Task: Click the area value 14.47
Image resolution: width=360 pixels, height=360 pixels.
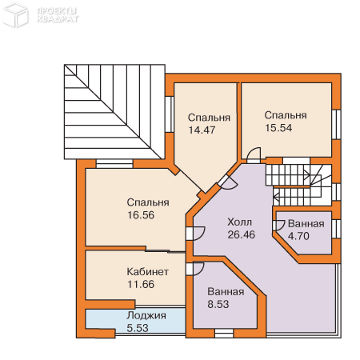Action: [x=202, y=130]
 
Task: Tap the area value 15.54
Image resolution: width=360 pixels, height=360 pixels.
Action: [x=278, y=128]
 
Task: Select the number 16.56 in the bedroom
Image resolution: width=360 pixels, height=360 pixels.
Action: [x=141, y=215]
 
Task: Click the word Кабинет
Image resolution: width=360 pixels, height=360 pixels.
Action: [x=147, y=272]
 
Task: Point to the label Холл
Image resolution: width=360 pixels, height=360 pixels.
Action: [x=239, y=222]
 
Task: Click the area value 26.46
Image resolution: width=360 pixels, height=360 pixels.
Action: [x=242, y=234]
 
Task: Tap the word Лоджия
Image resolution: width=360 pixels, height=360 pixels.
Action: [x=146, y=316]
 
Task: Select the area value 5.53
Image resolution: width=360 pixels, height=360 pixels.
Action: [x=138, y=328]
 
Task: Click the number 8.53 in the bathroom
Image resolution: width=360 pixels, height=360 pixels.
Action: [x=218, y=304]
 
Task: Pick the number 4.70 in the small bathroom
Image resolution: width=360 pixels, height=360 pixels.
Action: [x=298, y=236]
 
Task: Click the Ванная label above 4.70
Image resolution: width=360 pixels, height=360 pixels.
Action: [x=306, y=224]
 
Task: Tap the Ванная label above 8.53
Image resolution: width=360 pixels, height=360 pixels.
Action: [x=226, y=292]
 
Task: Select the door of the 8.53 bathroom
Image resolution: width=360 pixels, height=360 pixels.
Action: [x=198, y=269]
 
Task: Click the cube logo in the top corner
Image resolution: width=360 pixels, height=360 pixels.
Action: [x=15, y=14]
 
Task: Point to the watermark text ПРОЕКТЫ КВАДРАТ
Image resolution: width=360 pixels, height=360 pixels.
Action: [x=58, y=15]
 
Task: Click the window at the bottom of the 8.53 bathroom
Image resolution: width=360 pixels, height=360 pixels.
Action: [x=224, y=333]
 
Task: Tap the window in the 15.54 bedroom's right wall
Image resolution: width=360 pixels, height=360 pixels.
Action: [x=337, y=124]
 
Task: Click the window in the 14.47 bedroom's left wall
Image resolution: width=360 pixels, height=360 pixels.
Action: [x=170, y=114]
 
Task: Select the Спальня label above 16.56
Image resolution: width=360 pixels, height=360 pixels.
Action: [x=148, y=202]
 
